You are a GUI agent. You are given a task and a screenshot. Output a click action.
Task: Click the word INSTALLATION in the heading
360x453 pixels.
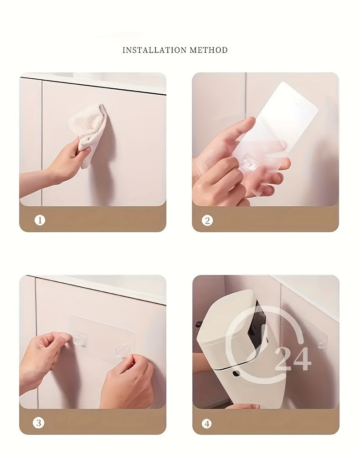coord(149,50)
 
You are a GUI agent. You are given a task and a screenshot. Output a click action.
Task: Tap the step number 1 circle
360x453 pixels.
coord(40,220)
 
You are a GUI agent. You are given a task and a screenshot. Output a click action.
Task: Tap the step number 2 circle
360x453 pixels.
coord(207,220)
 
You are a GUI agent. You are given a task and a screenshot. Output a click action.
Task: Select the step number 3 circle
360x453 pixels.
coord(39,422)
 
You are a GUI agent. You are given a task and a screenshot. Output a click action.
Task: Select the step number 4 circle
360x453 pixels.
coord(207,423)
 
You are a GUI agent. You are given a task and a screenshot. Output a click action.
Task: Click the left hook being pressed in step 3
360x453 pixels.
coord(79,340)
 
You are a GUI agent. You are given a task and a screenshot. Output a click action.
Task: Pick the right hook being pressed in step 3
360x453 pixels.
coord(120,351)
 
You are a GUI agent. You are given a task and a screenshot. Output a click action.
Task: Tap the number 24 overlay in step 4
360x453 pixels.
coord(293,359)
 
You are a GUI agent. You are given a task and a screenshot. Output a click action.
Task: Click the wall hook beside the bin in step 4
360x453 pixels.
coord(322,344)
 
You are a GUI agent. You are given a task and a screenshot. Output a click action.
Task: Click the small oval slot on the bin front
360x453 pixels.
coord(236,373)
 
